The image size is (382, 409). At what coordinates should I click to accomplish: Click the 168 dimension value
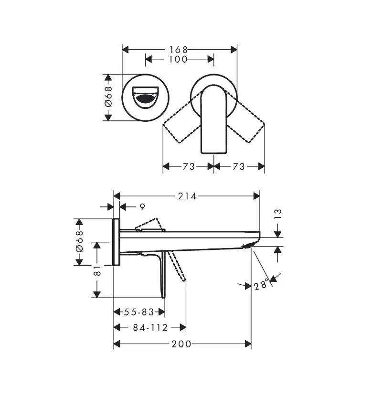pos(179,49)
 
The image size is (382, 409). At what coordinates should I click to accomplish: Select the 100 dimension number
pos(178,59)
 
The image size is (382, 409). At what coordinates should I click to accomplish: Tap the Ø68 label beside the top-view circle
pos(108,97)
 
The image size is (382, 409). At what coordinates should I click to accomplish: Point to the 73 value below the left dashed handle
pos(189,166)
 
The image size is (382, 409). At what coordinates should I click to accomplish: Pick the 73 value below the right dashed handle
pos(239,166)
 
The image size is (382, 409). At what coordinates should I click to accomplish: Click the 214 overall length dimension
pos(187,196)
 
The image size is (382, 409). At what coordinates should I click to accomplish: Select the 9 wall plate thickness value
pos(142,207)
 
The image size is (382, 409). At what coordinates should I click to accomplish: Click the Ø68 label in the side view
pos(79,242)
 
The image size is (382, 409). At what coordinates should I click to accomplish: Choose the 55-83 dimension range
pos(139,312)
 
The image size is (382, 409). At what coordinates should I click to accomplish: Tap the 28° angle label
pos(261,286)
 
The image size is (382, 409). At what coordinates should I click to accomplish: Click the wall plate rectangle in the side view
pos(116,242)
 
